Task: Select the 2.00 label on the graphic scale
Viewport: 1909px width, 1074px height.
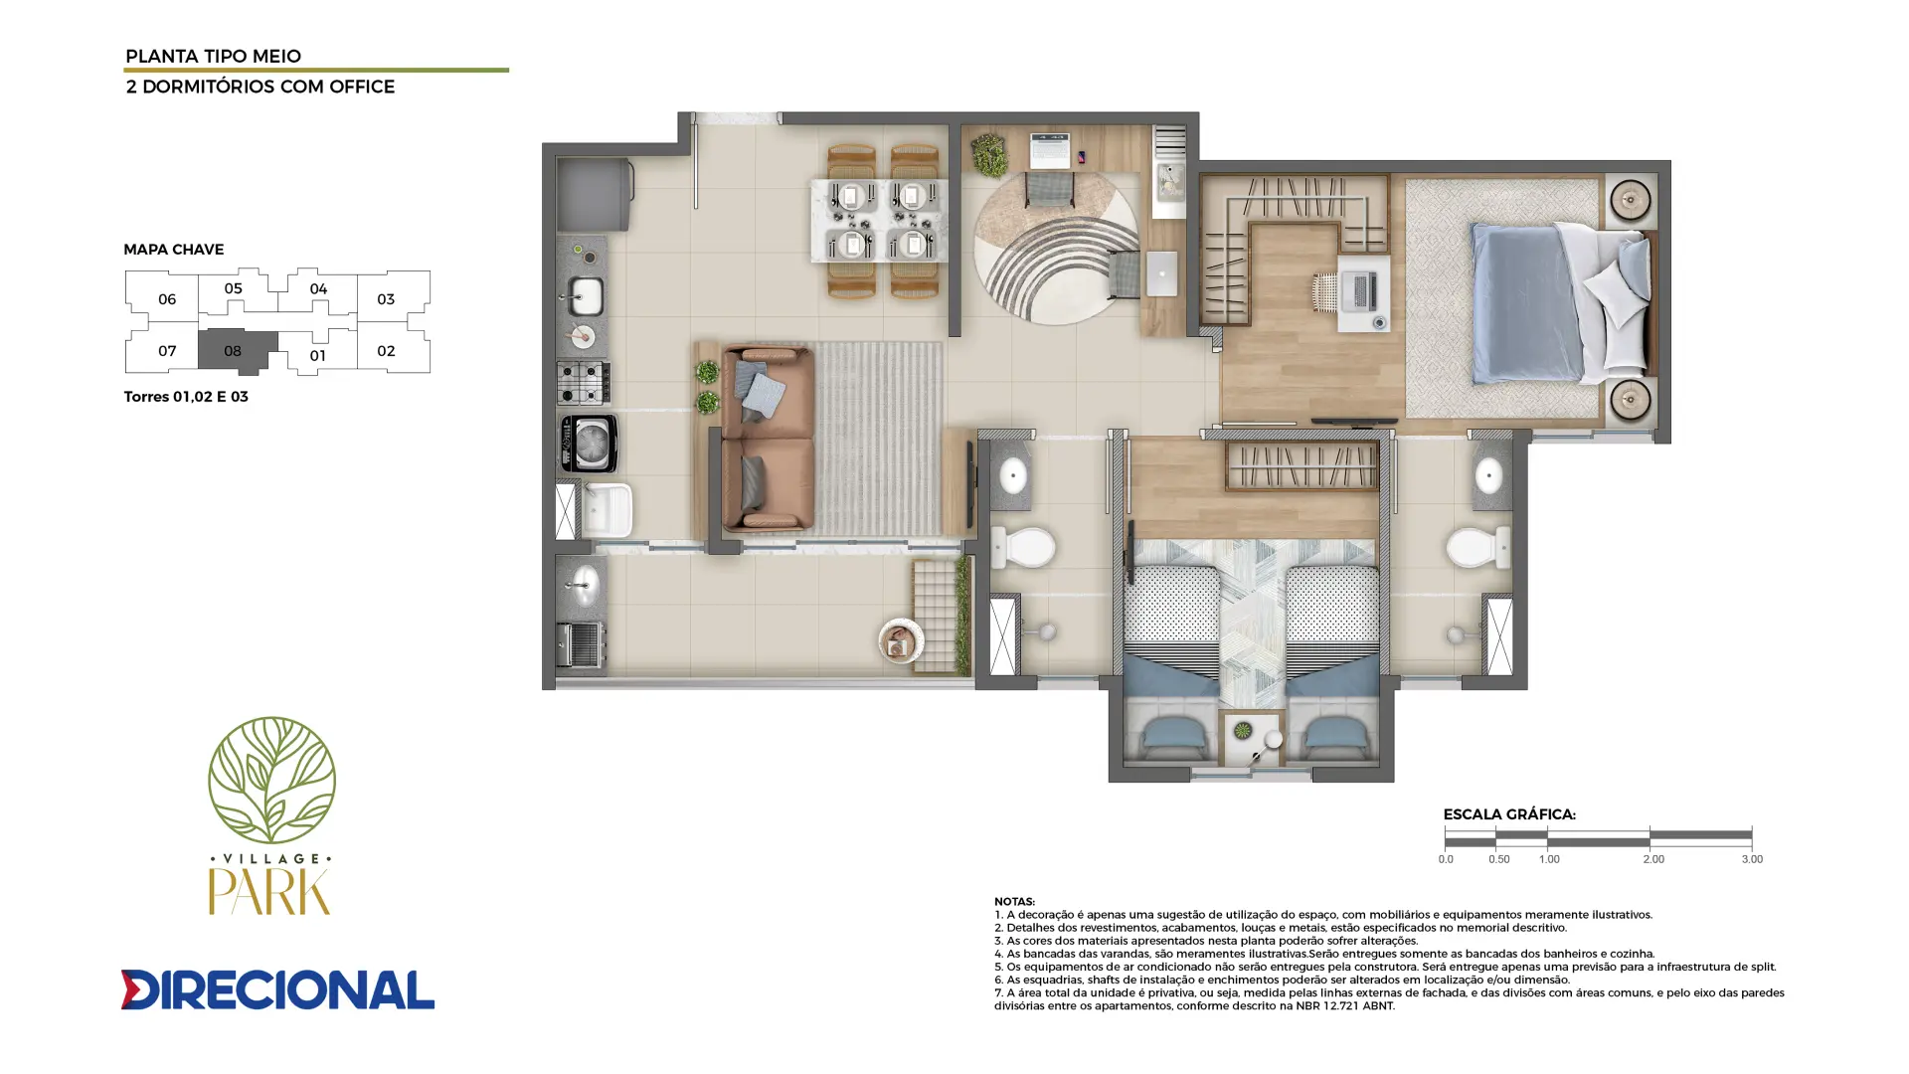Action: point(1653,859)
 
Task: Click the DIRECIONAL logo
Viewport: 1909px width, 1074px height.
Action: point(277,989)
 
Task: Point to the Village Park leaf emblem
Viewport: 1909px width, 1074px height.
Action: point(271,780)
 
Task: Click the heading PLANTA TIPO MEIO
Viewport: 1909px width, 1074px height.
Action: point(213,57)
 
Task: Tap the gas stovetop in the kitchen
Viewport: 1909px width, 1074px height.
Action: point(584,382)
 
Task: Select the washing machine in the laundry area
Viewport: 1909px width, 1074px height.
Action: point(589,443)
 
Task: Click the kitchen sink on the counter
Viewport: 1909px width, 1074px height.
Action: point(586,296)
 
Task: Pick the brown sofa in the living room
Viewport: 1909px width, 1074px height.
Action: point(768,439)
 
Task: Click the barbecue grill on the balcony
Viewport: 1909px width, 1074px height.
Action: point(580,644)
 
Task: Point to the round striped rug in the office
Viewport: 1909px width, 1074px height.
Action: point(1056,249)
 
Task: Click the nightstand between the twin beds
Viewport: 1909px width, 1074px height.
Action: point(1253,740)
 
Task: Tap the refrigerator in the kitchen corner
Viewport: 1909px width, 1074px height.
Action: point(595,195)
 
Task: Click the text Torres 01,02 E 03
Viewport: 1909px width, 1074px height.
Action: point(186,397)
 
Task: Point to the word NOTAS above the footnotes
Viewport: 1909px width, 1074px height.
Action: point(1014,902)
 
